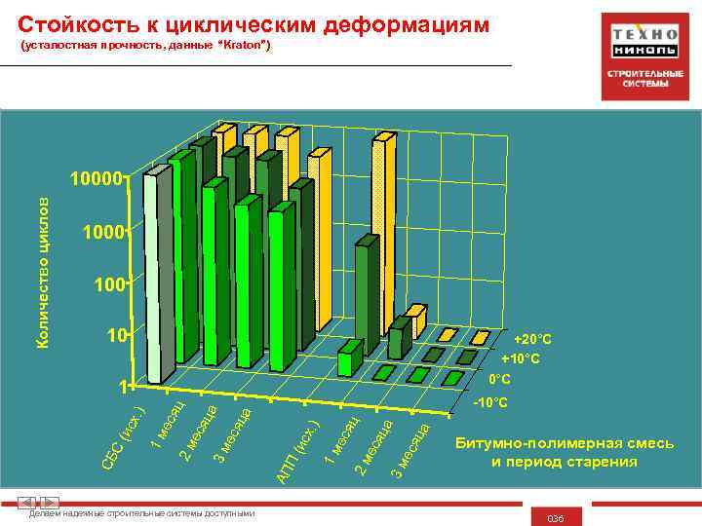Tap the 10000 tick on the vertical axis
(x=96, y=180)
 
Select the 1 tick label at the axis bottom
(x=121, y=387)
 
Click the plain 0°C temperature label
(x=500, y=378)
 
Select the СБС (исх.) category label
(x=124, y=431)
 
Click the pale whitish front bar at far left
(x=158, y=279)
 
